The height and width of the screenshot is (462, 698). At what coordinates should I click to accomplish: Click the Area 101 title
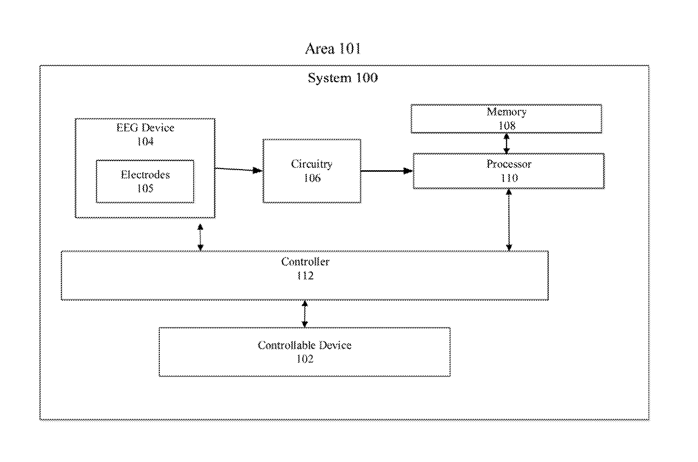333,48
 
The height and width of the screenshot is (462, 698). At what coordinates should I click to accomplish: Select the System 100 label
343,78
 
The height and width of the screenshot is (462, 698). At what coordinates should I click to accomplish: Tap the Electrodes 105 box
145,181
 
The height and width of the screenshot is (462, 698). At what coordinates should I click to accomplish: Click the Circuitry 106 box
312,171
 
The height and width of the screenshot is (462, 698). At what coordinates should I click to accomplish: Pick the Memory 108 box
507,119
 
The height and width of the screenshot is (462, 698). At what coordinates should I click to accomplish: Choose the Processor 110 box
508,171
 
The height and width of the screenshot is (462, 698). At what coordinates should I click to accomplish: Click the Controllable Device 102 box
305,352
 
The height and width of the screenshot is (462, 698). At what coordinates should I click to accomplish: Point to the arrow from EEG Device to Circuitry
239,170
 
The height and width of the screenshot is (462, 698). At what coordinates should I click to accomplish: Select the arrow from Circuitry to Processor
387,171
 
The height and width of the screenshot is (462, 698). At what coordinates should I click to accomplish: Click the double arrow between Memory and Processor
507,144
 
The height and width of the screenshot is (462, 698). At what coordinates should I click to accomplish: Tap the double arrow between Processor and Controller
509,220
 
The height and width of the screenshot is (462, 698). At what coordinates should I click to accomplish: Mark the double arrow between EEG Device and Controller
200,237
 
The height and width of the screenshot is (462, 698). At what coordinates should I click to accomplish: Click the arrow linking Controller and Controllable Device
305,314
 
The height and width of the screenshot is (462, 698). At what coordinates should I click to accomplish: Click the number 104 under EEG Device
145,141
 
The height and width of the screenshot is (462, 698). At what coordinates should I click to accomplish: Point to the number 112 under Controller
305,276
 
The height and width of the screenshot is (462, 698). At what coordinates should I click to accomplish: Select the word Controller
305,262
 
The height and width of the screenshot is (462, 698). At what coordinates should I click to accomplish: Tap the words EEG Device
145,127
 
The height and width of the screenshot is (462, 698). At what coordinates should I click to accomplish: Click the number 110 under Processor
509,178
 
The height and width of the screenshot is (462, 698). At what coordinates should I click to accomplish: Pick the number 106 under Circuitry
312,178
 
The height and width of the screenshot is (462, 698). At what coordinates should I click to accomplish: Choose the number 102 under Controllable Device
305,359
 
